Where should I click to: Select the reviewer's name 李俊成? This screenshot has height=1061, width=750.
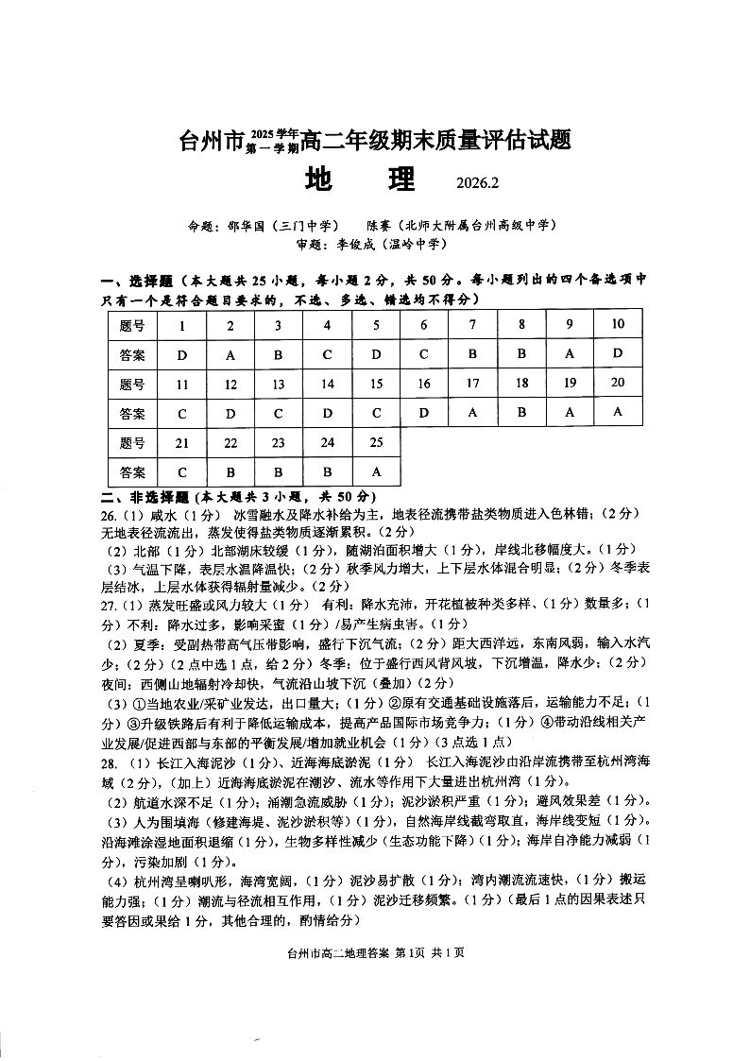tap(350, 244)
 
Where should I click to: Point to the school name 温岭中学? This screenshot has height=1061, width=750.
tap(418, 244)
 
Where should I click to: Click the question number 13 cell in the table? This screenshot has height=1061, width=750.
tap(278, 385)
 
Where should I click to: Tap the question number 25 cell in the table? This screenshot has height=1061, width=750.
tap(376, 442)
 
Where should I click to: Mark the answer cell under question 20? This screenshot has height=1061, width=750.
tap(618, 411)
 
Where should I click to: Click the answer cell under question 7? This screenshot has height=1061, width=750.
tap(473, 353)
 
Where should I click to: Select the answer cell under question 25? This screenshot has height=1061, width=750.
tap(376, 471)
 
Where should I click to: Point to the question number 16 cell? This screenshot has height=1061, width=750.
tap(424, 384)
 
